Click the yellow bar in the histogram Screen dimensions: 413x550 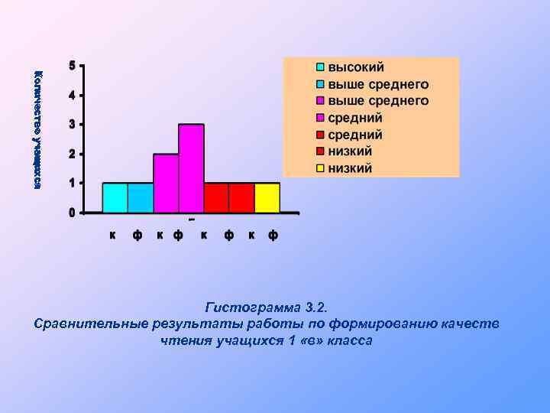[267, 197]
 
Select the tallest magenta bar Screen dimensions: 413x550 [191, 168]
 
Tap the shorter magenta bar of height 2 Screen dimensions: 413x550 [166, 184]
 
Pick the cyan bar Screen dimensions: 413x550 [115, 197]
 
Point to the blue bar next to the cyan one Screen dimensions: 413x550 [141, 197]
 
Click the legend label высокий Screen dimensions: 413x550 [356, 67]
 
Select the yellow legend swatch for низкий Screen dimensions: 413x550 [322, 168]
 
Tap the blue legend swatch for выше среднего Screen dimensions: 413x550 [322, 84]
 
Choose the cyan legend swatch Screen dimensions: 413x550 [322, 67]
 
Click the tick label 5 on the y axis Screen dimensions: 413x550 [72, 66]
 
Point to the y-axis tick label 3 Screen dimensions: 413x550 [72, 125]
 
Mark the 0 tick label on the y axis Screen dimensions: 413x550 [72, 213]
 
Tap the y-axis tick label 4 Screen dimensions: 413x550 [72, 96]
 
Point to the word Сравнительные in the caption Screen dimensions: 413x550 [89, 324]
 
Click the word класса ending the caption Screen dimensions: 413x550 [350, 340]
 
